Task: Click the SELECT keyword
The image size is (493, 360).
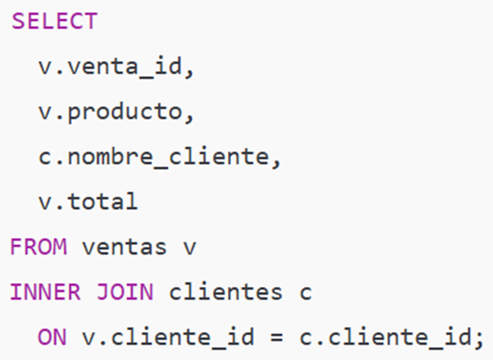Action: pos(55,22)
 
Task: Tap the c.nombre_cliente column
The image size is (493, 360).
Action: pos(153,157)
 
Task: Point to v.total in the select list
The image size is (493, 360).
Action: pos(88,202)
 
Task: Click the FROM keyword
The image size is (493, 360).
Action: pos(39,247)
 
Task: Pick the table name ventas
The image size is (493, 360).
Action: pos(124,247)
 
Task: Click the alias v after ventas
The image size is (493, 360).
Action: pos(190,248)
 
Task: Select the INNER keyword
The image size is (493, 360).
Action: pos(45,292)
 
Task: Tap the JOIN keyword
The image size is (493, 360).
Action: pos(124,292)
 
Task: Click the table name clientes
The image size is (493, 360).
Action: pos(226,292)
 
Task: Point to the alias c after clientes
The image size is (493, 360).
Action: pos(306,293)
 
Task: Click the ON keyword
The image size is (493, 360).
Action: pos(52,337)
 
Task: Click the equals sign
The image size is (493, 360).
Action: pos(277,338)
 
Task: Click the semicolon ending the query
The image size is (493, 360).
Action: pos(479,340)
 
